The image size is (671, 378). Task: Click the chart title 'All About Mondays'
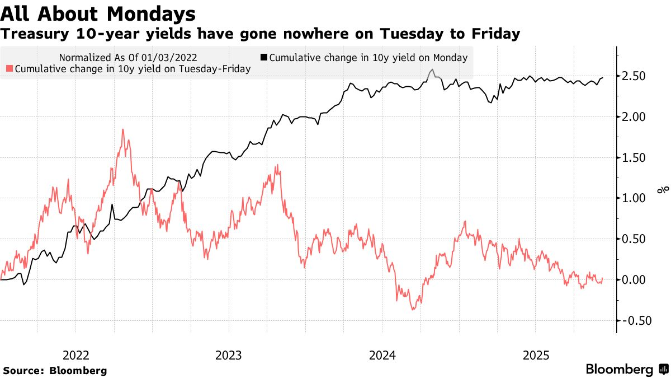(98, 13)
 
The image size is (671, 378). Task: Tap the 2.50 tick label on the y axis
(635, 76)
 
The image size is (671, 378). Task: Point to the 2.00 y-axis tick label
(635, 117)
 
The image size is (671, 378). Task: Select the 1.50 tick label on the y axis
(635, 158)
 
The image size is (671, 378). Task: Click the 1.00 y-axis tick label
(635, 198)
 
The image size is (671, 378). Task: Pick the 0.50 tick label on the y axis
(635, 239)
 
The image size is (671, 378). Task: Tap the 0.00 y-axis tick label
(635, 280)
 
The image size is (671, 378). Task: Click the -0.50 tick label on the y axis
(633, 320)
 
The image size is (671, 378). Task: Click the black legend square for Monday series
(264, 57)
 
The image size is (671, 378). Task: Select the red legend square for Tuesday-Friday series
(9, 69)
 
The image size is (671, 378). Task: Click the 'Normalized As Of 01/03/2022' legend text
(127, 57)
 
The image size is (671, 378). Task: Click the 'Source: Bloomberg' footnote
(55, 370)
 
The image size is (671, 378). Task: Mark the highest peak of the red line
(122, 129)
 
